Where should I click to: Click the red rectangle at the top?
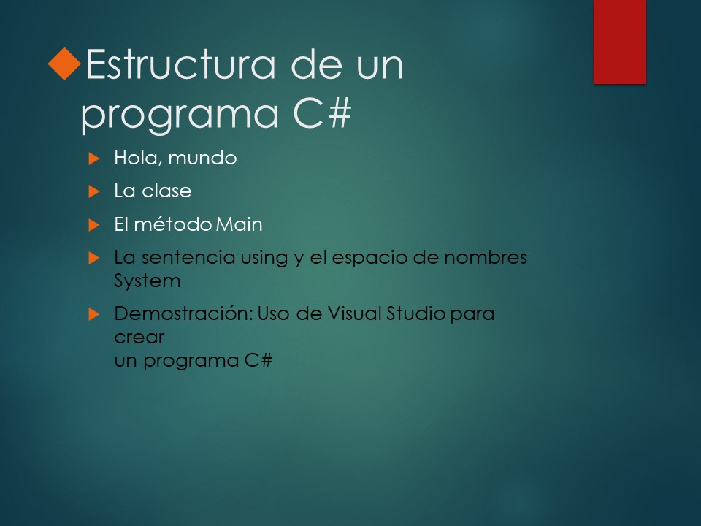tap(619, 41)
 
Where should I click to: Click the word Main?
tap(239, 224)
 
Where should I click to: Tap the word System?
tap(147, 281)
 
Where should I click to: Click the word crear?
tap(139, 338)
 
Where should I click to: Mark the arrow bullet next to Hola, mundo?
tap(93, 158)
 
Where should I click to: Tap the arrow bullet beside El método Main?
tap(93, 225)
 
